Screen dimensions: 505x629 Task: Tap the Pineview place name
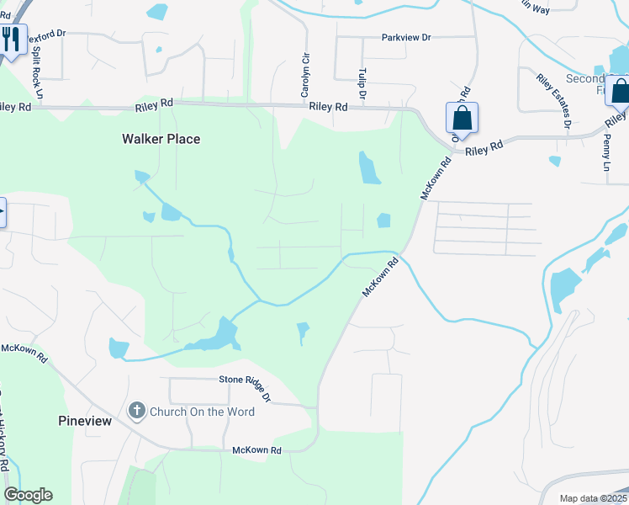[85, 420]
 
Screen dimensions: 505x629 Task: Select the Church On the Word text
[202, 412]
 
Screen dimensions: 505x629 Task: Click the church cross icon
[136, 411]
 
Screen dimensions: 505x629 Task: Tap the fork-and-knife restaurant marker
[12, 40]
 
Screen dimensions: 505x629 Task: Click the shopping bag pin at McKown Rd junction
[462, 118]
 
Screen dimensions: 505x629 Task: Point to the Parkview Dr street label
[405, 38]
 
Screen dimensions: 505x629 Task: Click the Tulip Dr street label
[362, 85]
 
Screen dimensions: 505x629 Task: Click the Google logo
[28, 495]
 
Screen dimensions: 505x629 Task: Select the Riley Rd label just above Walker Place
[154, 103]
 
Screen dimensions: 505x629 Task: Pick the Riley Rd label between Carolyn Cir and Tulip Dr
[328, 107]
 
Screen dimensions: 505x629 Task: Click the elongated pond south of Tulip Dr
[368, 168]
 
